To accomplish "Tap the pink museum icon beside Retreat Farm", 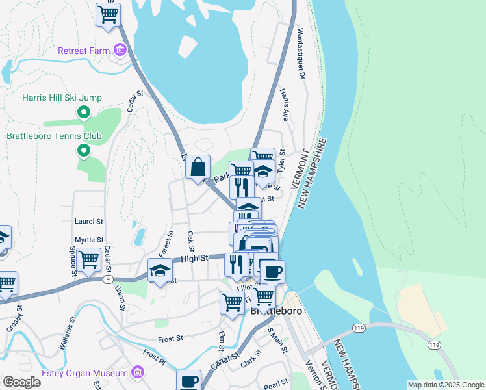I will pyautogui.click(x=120, y=49).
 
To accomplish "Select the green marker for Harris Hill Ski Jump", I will pyautogui.click(x=83, y=113).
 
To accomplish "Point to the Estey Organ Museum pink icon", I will pyautogui.click(x=137, y=372).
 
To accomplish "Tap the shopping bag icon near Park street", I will pyautogui.click(x=198, y=166).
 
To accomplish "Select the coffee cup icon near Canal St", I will pyautogui.click(x=189, y=380).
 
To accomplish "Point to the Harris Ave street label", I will pyautogui.click(x=284, y=105).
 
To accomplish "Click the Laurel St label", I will pyautogui.click(x=89, y=221).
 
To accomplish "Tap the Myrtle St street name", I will pyautogui.click(x=89, y=240).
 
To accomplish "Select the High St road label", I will pyautogui.click(x=194, y=258).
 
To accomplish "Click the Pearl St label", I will pyautogui.click(x=276, y=385).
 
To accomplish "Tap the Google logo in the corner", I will pyautogui.click(x=21, y=382).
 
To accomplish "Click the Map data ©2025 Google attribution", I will pyautogui.click(x=444, y=385).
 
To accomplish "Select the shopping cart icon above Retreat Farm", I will pyautogui.click(x=108, y=14).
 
